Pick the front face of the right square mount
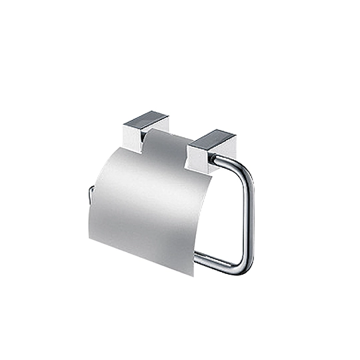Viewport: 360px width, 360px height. coord(199,157)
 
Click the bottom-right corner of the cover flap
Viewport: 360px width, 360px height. coord(194,275)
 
